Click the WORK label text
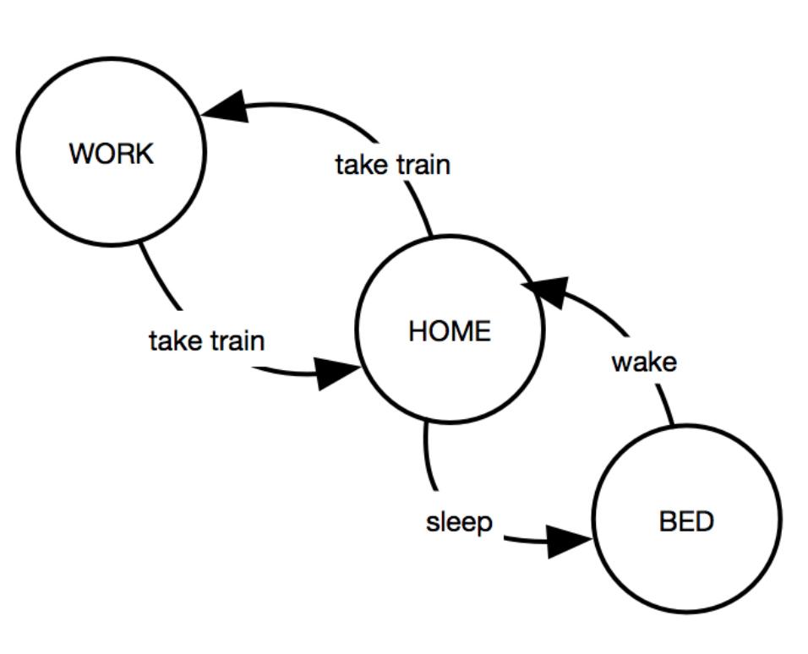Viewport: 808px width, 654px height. (x=112, y=154)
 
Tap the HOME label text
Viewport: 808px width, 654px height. (x=450, y=331)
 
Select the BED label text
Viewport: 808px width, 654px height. (x=686, y=521)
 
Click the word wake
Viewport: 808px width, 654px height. (x=644, y=362)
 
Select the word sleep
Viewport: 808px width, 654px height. (x=459, y=523)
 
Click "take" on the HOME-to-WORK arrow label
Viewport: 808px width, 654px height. (x=361, y=165)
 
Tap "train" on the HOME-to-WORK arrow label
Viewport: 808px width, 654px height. (x=423, y=165)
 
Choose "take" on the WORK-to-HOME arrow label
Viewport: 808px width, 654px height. (x=175, y=341)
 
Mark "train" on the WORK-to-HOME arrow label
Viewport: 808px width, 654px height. (x=237, y=341)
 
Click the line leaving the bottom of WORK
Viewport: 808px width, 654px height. (x=159, y=278)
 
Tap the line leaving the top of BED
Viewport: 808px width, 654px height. (x=666, y=405)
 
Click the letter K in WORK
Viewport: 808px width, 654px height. (x=145, y=154)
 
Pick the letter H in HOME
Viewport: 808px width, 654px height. (x=418, y=331)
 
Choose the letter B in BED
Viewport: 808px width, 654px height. (x=668, y=521)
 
